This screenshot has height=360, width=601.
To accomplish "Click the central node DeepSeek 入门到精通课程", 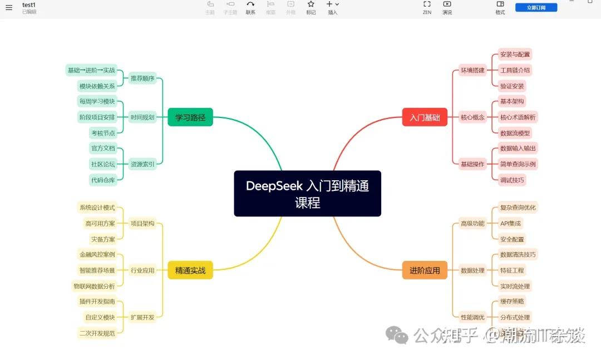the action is [x=307, y=193].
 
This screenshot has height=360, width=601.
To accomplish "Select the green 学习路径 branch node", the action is [x=190, y=117].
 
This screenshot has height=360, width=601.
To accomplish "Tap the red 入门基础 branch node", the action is [x=425, y=117].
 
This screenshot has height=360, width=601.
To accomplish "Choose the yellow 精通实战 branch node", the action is [x=190, y=270].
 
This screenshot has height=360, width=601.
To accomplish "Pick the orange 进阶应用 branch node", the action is [x=425, y=270].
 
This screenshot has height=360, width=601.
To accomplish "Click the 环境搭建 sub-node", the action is [x=472, y=70].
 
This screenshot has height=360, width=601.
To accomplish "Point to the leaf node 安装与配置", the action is [x=515, y=55].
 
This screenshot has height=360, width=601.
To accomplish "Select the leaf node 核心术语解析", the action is [x=518, y=117].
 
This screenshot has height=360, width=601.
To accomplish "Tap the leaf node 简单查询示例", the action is [x=518, y=164].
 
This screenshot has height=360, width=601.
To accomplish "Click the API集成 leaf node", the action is [x=510, y=223].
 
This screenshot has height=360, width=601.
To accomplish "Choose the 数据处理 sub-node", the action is [x=472, y=270].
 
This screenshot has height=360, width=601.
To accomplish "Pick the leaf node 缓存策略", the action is [x=512, y=302].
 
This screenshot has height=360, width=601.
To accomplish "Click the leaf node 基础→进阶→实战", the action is [x=91, y=70].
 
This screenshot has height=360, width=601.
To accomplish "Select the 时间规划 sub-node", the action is [x=142, y=117].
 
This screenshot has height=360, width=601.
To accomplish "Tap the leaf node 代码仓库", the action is [x=103, y=180].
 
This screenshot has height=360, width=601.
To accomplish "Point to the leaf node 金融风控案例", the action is [x=97, y=255].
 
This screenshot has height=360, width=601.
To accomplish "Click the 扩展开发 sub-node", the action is [x=142, y=317].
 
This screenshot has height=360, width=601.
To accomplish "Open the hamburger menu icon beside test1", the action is [x=9, y=8].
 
